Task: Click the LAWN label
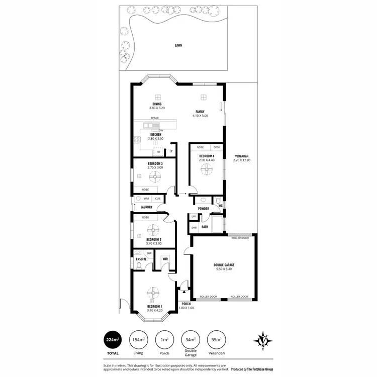click(x=178, y=45)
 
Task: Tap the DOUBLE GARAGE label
click(x=224, y=265)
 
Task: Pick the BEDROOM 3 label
click(x=155, y=163)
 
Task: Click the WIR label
click(x=165, y=259)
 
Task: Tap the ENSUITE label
click(x=141, y=259)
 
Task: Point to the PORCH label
click(x=187, y=304)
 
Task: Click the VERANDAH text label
click(x=241, y=156)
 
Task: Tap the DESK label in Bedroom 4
click(x=217, y=147)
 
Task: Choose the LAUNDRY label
click(x=147, y=207)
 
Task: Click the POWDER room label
click(x=204, y=209)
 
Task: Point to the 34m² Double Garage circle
click(x=191, y=340)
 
